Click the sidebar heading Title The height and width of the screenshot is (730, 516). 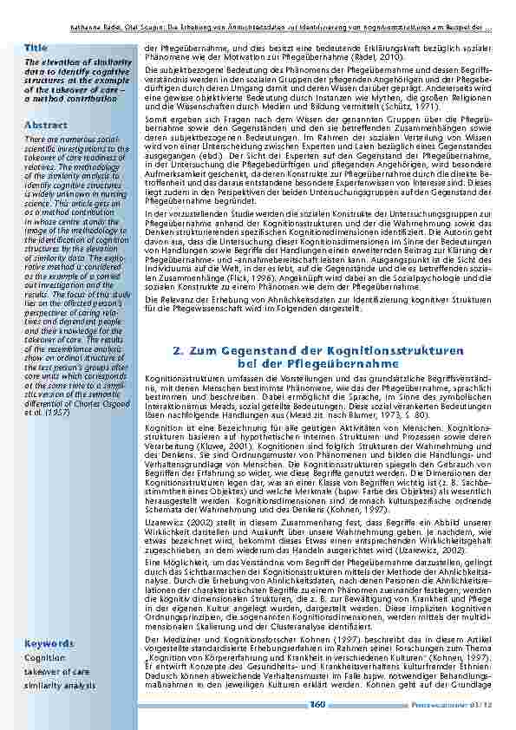(x=36, y=46)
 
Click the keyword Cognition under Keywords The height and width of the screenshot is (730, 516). (x=44, y=658)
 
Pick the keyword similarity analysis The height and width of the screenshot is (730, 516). (x=60, y=685)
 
